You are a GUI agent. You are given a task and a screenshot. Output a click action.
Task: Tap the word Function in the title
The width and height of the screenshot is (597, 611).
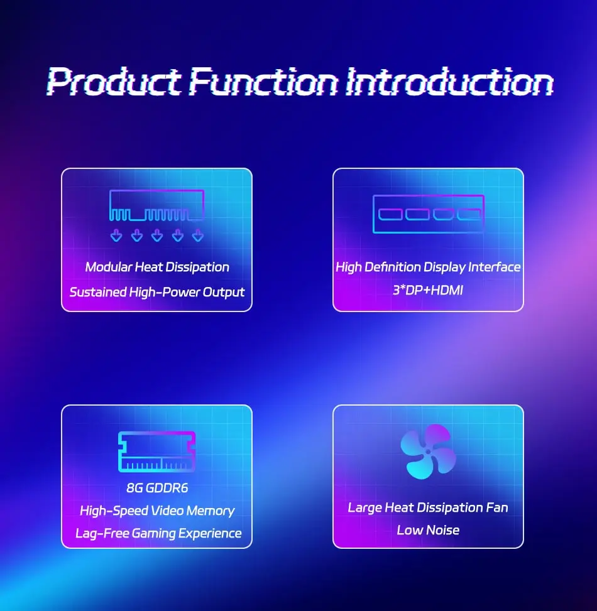click(264, 82)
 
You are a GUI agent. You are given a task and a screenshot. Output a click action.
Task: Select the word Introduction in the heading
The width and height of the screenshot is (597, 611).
click(449, 82)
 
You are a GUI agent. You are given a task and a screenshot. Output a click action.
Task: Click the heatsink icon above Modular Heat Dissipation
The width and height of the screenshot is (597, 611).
click(156, 205)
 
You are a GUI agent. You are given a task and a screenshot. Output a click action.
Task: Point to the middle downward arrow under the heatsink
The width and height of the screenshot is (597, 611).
click(157, 235)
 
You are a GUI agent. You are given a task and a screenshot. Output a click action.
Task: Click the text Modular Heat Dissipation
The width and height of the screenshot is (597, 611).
click(157, 267)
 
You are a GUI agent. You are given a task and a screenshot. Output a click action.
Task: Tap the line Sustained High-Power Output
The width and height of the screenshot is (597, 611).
click(156, 292)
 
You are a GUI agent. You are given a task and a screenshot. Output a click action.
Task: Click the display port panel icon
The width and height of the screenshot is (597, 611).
click(429, 214)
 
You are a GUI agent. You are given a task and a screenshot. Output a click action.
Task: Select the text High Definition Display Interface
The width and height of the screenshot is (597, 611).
click(428, 268)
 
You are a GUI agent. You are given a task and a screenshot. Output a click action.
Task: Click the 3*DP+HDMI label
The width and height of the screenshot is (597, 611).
click(428, 290)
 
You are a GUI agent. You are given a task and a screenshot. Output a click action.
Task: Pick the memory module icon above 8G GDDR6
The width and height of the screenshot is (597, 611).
click(156, 451)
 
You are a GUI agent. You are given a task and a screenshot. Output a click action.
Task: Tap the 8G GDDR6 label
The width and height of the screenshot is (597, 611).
click(157, 488)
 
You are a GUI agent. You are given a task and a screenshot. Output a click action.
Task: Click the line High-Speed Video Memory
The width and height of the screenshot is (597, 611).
click(157, 511)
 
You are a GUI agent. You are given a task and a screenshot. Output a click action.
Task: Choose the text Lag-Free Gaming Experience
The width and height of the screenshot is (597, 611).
click(158, 533)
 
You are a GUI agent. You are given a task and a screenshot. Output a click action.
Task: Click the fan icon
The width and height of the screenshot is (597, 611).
click(428, 451)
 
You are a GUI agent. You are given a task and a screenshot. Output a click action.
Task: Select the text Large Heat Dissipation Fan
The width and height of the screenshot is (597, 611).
click(428, 507)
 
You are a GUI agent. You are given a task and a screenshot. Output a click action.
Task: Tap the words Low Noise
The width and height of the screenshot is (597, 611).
click(428, 530)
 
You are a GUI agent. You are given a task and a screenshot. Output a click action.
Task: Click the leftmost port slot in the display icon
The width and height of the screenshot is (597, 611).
click(390, 214)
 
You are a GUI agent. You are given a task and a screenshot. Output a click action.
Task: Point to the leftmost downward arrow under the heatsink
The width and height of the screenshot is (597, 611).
click(116, 235)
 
